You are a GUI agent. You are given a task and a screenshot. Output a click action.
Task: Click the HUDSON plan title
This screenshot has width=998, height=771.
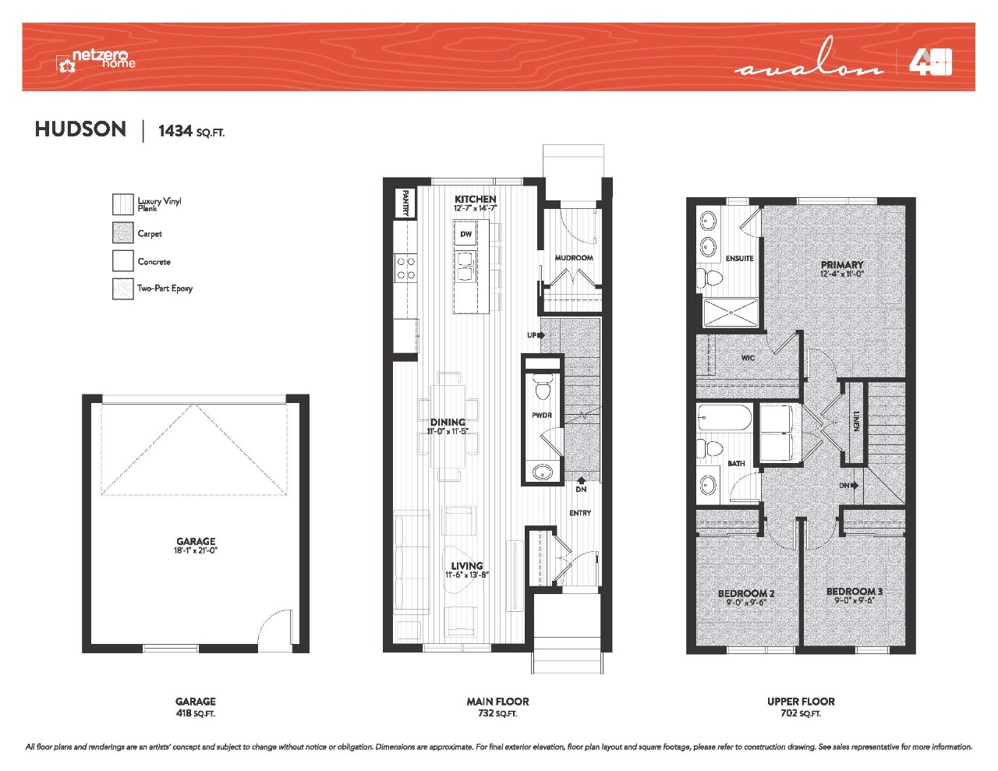pos(80,129)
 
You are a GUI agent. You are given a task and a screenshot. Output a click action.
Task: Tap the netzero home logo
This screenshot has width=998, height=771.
pos(96,61)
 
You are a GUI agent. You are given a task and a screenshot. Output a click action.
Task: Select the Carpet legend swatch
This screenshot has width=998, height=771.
pos(123,233)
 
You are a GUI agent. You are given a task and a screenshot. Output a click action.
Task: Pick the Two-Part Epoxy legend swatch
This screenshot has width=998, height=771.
pos(123,289)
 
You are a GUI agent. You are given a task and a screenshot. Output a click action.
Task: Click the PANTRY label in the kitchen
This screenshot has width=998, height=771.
pos(405,203)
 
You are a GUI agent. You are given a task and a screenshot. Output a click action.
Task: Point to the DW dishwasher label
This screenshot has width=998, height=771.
pos(465,234)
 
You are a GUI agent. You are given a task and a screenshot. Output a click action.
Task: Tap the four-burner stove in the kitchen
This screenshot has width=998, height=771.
pos(405,269)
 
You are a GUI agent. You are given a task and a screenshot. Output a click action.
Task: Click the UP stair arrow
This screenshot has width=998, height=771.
pos(536,335)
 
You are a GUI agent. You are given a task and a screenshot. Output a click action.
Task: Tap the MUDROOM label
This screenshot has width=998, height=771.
pos(574,258)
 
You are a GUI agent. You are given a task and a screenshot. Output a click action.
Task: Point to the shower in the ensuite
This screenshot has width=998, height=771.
pos(731,313)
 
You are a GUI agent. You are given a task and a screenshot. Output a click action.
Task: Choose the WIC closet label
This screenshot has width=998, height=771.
pos(748,358)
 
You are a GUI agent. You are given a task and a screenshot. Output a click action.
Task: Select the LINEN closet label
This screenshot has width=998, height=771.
pos(855,421)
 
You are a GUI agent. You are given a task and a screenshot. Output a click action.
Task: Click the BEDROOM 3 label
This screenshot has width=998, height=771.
pos(855,592)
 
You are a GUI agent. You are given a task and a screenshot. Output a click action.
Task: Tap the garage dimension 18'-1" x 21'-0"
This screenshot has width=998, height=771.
pos(196,550)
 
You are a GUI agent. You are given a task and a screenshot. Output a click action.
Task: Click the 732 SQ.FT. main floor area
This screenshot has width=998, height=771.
pos(497,713)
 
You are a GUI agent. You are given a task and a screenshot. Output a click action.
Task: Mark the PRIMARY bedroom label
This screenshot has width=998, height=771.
pos(842,265)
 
